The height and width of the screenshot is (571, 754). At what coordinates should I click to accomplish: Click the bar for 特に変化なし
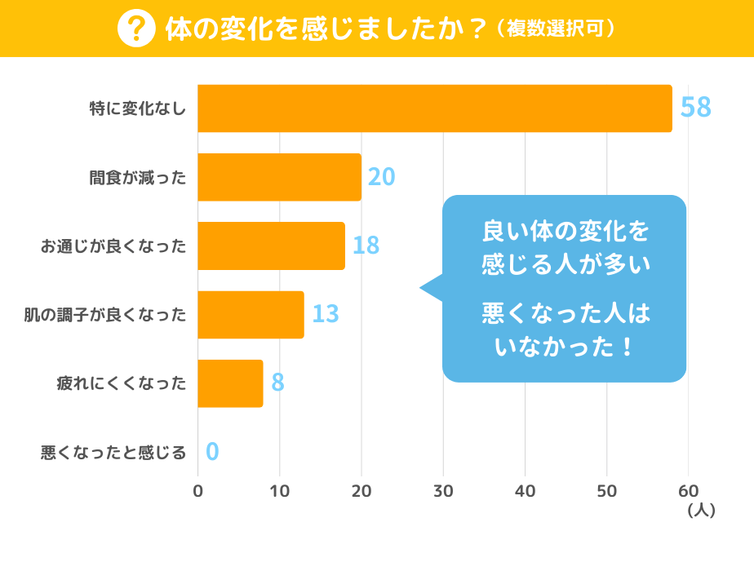(435, 108)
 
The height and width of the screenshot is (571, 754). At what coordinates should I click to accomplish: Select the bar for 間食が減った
(279, 177)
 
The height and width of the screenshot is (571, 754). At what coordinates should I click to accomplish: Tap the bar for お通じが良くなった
(271, 246)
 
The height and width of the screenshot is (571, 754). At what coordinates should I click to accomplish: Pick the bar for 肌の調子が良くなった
(251, 314)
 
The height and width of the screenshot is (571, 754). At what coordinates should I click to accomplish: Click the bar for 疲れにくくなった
(230, 383)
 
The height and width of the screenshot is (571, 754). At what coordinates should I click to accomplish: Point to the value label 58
(696, 108)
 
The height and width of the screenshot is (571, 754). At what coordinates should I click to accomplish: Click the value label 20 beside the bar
(381, 177)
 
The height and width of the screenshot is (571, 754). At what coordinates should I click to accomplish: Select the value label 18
(366, 246)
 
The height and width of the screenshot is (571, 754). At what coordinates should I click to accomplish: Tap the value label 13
(325, 314)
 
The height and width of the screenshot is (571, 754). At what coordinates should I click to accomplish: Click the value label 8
(277, 383)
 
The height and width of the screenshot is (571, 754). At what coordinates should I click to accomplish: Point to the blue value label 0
(212, 452)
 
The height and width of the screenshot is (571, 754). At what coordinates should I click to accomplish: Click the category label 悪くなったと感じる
(113, 452)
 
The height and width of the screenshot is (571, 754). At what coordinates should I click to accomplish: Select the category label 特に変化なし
(138, 108)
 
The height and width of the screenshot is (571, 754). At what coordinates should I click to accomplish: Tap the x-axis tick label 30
(443, 491)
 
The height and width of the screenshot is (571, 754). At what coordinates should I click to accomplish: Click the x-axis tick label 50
(606, 491)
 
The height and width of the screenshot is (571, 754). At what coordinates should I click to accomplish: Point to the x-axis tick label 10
(280, 491)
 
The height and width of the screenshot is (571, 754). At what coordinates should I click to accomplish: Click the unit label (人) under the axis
(702, 511)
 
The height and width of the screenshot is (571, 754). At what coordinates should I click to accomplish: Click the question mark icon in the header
(137, 29)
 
